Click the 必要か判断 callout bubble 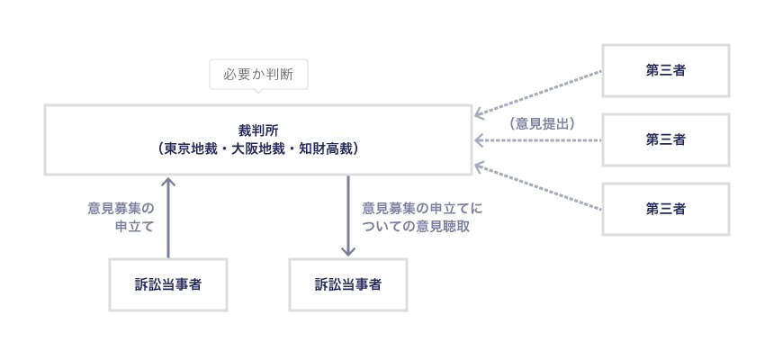click(259, 75)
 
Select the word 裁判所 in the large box click(258, 130)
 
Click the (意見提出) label click(542, 122)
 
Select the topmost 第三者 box click(665, 70)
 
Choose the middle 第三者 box click(665, 139)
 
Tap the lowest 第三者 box click(665, 209)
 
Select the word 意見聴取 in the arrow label click(442, 226)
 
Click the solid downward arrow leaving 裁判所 click(347, 216)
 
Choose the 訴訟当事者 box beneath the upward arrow click(167, 284)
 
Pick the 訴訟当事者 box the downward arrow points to click(347, 284)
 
